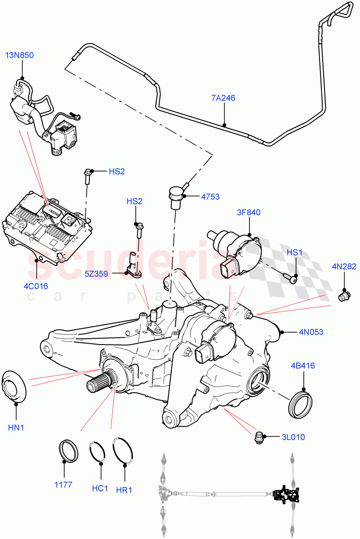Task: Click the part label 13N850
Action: click(19, 55)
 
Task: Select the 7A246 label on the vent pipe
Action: click(223, 98)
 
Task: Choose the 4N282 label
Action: click(344, 266)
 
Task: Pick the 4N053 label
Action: click(311, 332)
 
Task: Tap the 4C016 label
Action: click(36, 286)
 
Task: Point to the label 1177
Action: click(64, 485)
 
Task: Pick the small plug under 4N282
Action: click(344, 296)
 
